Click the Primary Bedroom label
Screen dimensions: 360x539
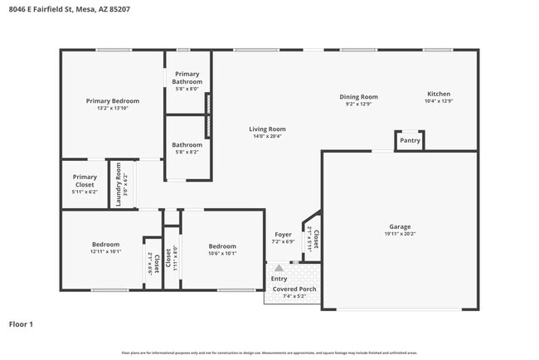(x=113, y=100)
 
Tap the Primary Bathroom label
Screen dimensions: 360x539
(x=187, y=78)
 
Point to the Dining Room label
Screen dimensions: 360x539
(x=358, y=96)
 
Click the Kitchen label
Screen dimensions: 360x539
(x=439, y=94)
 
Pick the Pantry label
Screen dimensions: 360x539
(x=410, y=140)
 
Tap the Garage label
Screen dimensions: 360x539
(x=400, y=226)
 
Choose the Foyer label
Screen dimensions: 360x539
(x=283, y=235)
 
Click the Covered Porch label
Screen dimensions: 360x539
(x=294, y=289)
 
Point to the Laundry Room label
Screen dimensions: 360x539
(x=119, y=184)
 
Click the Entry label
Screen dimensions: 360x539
(x=279, y=279)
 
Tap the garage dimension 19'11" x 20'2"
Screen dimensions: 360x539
(x=400, y=234)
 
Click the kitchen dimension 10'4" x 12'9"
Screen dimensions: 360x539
(x=439, y=101)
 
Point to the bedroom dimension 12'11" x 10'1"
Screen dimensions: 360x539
(x=105, y=251)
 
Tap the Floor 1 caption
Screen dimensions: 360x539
(x=21, y=324)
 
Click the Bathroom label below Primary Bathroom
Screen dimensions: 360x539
(x=187, y=145)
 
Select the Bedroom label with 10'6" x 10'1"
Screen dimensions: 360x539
(x=222, y=246)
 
